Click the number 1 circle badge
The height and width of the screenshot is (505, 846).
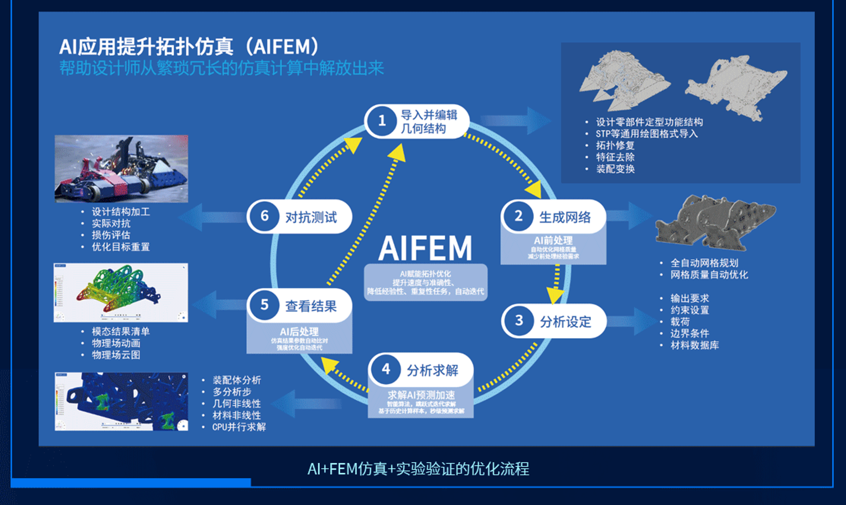pos(382,121)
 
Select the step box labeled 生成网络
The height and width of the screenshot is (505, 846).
pos(553,217)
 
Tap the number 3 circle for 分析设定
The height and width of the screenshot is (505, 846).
pos(519,321)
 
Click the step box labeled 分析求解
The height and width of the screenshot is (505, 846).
pos(421,370)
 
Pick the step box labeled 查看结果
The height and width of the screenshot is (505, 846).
pos(299,306)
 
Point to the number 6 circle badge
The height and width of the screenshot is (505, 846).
pos(264,216)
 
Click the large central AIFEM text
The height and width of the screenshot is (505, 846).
pos(425,249)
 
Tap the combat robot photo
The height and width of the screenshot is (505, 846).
pos(121,168)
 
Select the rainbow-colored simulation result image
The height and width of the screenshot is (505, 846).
pos(121,292)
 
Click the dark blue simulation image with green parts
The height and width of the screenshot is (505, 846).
pos(121,401)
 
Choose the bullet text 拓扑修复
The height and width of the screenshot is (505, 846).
pos(615,146)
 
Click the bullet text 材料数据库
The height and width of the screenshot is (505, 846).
pos(694,346)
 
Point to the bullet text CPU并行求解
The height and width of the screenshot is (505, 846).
pos(239,427)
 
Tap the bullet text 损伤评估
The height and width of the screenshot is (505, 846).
pos(111,235)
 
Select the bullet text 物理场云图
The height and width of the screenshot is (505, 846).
pos(116,355)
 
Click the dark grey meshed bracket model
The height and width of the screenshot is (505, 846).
pos(714,221)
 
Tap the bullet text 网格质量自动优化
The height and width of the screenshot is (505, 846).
pos(709,275)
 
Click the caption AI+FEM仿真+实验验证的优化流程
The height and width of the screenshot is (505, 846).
pos(418,469)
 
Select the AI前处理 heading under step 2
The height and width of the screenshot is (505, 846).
pos(553,240)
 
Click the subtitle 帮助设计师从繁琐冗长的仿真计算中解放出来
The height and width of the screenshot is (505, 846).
pos(221,68)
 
